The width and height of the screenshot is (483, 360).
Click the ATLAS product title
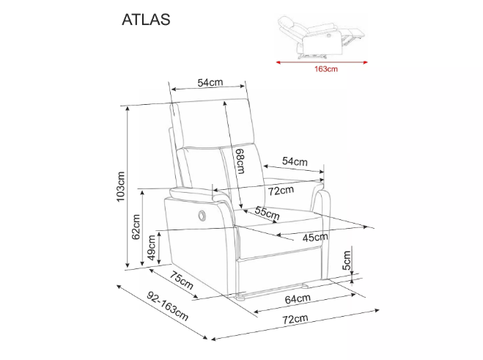pos(146,19)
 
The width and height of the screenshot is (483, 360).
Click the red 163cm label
pos(326,69)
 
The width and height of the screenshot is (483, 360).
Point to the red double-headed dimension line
pos(322,62)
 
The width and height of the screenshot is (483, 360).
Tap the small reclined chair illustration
pos(322,37)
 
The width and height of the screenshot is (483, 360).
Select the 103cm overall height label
pos(120,186)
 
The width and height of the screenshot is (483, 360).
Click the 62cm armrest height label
pos(136,227)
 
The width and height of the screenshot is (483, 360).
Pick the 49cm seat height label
pos(152,248)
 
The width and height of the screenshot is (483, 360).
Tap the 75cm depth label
pos(182,281)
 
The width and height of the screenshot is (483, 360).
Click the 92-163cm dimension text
pos(168,306)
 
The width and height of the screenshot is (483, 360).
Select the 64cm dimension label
pos(298,298)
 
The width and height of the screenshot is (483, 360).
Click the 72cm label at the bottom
pos(295,320)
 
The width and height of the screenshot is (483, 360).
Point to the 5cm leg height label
pos(347,260)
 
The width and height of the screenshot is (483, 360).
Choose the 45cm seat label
pos(315,238)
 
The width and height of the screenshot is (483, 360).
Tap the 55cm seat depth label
pos(267,213)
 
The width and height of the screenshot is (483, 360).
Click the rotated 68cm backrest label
pos(240,161)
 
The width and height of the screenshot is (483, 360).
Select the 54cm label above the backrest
pos(210,83)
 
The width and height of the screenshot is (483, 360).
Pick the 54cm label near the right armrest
pos(295,161)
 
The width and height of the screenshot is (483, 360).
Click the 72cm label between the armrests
pos(281,191)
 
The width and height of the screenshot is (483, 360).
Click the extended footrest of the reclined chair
pos(354,34)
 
